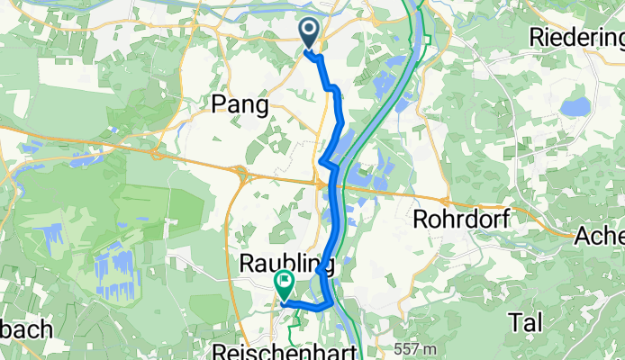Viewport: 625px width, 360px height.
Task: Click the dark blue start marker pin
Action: pyautogui.click(x=308, y=34)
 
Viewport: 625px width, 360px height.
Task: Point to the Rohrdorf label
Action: pyautogui.click(x=461, y=219)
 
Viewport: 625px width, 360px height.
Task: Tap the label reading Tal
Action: pyautogui.click(x=526, y=321)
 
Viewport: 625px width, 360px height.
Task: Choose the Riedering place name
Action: pyautogui.click(x=577, y=38)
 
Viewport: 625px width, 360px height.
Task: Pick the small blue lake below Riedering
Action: pyautogui.click(x=575, y=107)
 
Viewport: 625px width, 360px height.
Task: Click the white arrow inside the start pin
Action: pyautogui.click(x=308, y=31)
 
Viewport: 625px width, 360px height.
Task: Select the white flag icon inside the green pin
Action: pyautogui.click(x=284, y=284)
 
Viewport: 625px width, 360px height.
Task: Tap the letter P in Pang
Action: pyautogui.click(x=217, y=105)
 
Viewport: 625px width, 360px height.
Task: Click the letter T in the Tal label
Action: pyautogui.click(x=514, y=321)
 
